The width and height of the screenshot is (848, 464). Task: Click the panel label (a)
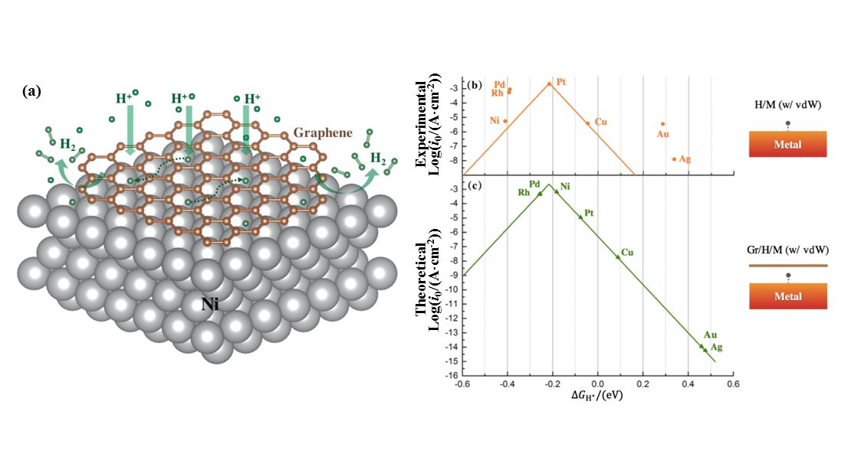[x=32, y=91]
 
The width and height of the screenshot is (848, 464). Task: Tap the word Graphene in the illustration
[x=323, y=132]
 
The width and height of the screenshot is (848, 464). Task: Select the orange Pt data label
[x=561, y=82]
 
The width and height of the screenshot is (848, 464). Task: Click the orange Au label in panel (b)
[x=663, y=134]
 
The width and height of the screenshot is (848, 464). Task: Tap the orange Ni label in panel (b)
[x=495, y=121]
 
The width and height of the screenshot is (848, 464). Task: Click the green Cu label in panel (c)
[x=627, y=252]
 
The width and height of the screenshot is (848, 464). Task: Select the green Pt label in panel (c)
[x=589, y=212]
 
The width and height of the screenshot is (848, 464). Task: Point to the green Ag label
[x=716, y=348]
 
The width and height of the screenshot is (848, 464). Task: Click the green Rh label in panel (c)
[x=524, y=192]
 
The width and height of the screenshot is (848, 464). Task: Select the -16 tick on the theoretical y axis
[x=452, y=375]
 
